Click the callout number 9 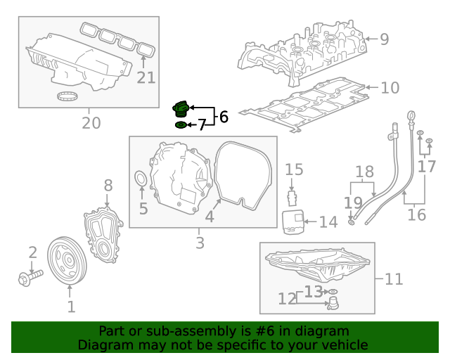(384, 39)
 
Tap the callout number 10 (390, 88)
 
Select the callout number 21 (146, 77)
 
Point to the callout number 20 (91, 123)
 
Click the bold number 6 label (224, 117)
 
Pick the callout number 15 (294, 169)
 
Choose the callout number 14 (328, 223)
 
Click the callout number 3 (200, 243)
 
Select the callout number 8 (108, 186)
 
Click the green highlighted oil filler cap (181, 110)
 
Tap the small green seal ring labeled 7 (181, 125)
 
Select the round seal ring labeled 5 (141, 180)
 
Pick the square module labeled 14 (292, 222)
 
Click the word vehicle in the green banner (344, 345)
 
